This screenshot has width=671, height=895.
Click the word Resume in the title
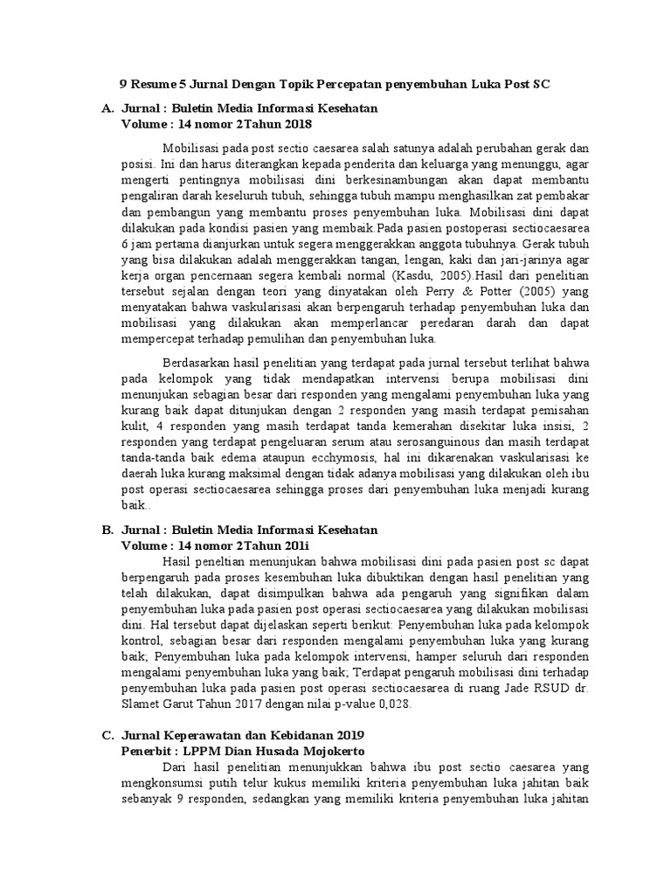[150, 85]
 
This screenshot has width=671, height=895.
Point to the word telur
[241, 784]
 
